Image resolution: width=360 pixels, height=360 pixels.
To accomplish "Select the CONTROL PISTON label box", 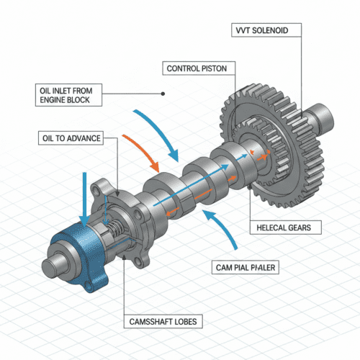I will point(197,69).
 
